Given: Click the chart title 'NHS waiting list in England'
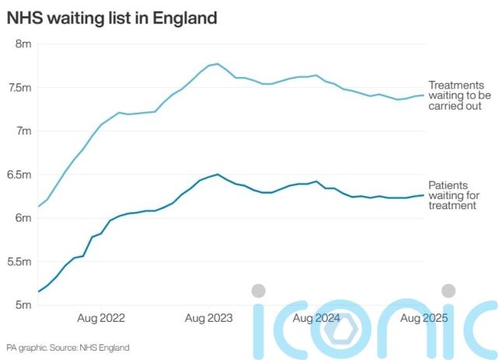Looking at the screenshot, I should tap(111, 17).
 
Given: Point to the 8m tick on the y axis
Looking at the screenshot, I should tap(22, 44).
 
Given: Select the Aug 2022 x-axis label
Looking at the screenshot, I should tap(101, 318).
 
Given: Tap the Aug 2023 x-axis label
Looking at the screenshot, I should tap(209, 318).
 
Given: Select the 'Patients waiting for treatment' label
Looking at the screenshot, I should tap(454, 195).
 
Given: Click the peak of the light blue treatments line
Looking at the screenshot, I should tap(217, 64).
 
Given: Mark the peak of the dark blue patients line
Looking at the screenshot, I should tap(217, 174).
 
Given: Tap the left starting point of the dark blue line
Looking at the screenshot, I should tap(38, 292).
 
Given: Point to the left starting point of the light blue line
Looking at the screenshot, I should tap(38, 206).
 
